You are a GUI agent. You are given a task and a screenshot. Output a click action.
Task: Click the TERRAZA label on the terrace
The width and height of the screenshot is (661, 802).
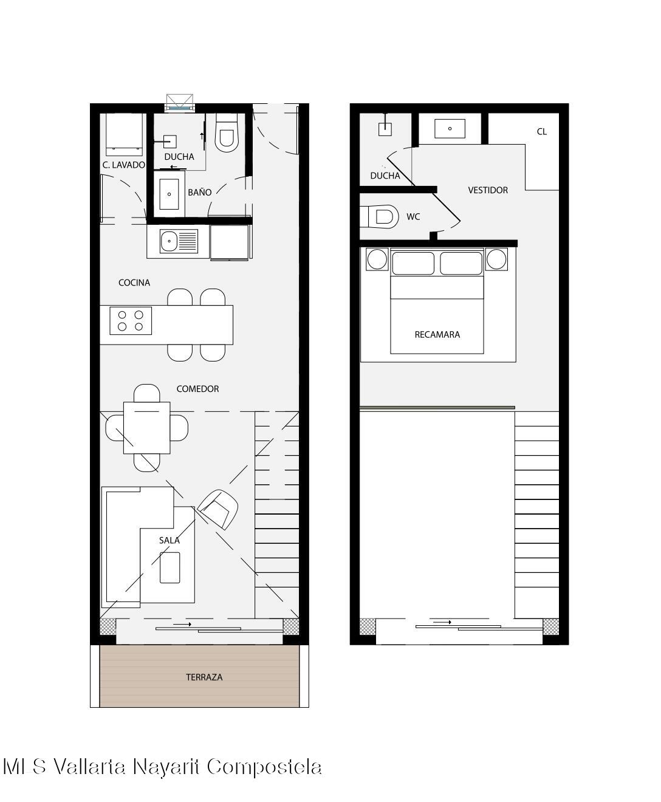(x=204, y=677)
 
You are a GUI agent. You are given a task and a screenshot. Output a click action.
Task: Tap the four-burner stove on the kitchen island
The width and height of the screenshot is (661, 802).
(x=131, y=321)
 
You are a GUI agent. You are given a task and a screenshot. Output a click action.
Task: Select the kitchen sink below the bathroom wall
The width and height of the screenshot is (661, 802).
(x=179, y=241)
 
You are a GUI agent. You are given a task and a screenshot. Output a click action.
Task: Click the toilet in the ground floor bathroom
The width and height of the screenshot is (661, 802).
(x=226, y=132)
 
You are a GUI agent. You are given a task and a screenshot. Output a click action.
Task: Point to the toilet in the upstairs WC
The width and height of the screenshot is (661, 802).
(x=379, y=217)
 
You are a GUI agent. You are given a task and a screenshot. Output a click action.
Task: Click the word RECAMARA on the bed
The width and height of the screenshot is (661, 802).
(x=437, y=335)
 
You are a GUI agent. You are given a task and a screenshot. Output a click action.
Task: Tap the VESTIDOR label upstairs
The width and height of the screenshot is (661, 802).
(x=488, y=190)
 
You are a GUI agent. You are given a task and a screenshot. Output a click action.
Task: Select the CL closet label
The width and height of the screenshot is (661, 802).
(x=541, y=132)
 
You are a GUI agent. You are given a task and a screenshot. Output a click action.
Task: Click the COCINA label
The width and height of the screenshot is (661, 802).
(x=134, y=283)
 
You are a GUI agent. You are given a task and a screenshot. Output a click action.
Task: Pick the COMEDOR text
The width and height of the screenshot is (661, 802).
(x=197, y=389)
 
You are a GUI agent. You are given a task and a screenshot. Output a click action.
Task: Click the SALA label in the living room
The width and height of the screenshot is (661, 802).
(x=169, y=540)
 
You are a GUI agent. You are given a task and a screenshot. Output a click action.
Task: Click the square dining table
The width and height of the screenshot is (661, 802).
(x=146, y=428)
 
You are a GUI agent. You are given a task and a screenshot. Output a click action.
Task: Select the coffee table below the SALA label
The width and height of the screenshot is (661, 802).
(x=170, y=567)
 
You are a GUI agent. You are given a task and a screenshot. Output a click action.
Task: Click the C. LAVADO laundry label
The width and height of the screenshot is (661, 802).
(x=124, y=165)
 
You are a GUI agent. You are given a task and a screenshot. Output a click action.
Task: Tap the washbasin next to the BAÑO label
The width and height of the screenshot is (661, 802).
(x=169, y=194)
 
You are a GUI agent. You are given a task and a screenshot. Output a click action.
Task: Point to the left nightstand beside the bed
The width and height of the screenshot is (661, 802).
(x=377, y=259)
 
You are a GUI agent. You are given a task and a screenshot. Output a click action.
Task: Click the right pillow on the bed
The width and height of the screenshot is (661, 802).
(x=461, y=263)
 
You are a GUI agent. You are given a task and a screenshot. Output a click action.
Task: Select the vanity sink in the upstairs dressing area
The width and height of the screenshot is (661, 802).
(x=450, y=128)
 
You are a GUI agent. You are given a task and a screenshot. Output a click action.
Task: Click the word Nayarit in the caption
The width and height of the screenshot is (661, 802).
(x=166, y=767)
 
